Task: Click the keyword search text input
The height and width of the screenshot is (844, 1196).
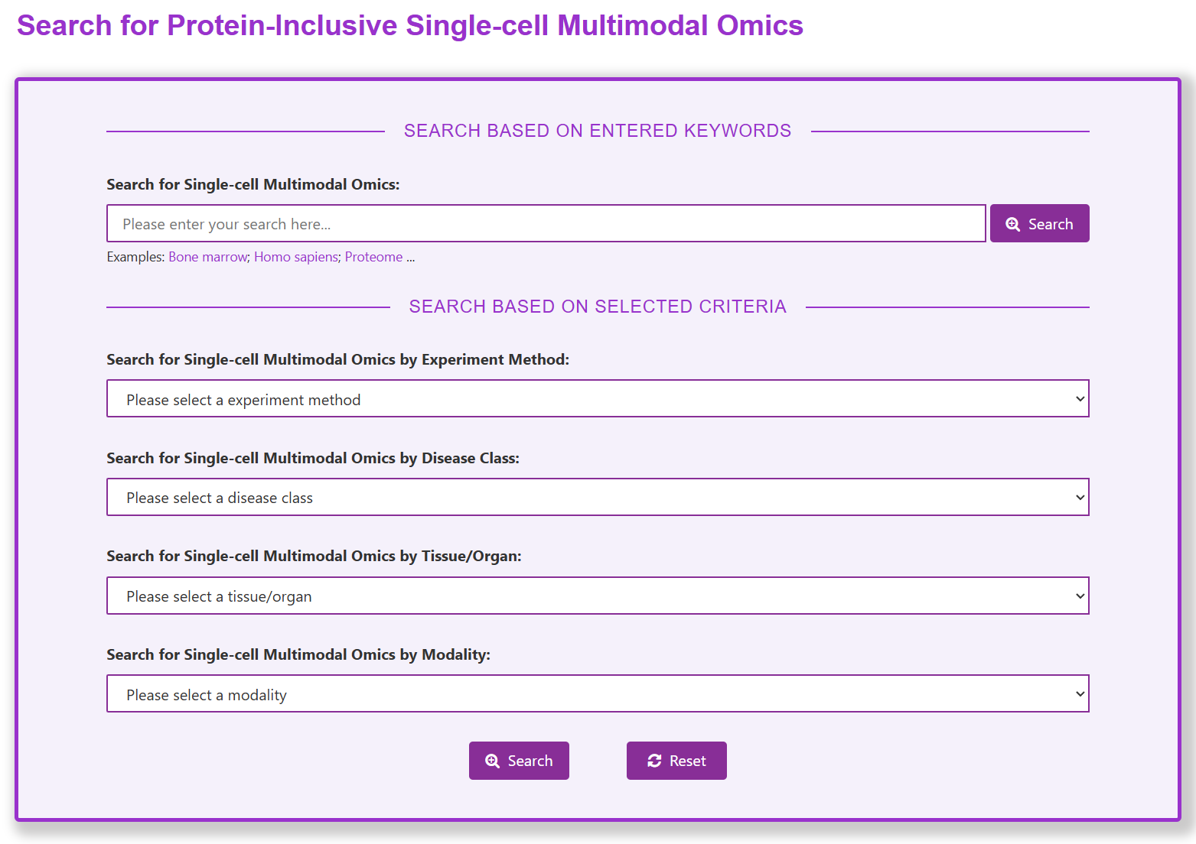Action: tap(546, 223)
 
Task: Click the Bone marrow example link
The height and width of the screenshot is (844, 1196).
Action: tap(207, 257)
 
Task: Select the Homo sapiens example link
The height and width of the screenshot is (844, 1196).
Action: tap(296, 257)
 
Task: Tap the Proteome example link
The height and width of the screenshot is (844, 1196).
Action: tap(373, 257)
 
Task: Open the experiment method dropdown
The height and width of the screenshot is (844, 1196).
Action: tap(598, 398)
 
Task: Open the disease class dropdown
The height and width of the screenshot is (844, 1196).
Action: tap(598, 497)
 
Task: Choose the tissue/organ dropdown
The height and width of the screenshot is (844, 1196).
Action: tap(598, 596)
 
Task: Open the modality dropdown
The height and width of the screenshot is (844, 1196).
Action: tap(598, 693)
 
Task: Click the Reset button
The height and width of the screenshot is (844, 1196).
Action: tap(676, 761)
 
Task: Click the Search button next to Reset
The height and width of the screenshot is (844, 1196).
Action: tap(519, 761)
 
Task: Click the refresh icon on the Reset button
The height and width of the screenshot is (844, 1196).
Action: tap(654, 761)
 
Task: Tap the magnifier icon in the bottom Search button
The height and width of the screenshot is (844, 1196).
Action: tap(492, 761)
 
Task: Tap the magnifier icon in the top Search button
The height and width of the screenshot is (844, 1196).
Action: tap(1013, 224)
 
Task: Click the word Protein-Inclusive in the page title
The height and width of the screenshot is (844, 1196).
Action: tap(282, 25)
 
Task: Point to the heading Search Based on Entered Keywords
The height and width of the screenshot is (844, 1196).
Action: tap(598, 131)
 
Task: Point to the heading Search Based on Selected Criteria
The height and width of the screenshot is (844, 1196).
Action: tap(598, 307)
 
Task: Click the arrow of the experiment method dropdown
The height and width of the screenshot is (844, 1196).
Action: tap(1080, 399)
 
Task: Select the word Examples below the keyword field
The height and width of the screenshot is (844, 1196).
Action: tap(135, 257)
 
